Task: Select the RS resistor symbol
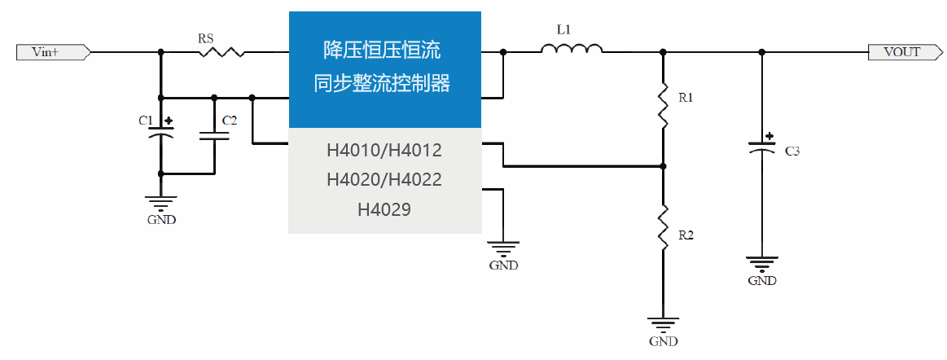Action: [221, 52]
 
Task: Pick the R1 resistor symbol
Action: [664, 104]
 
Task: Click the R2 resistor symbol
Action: [664, 227]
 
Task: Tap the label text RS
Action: [206, 37]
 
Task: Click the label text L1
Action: [563, 29]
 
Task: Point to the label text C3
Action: [792, 151]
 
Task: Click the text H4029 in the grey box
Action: [384, 209]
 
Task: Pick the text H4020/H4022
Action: [384, 179]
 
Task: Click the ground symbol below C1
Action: [160, 203]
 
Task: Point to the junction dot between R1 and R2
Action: [664, 166]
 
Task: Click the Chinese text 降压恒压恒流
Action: [383, 50]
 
